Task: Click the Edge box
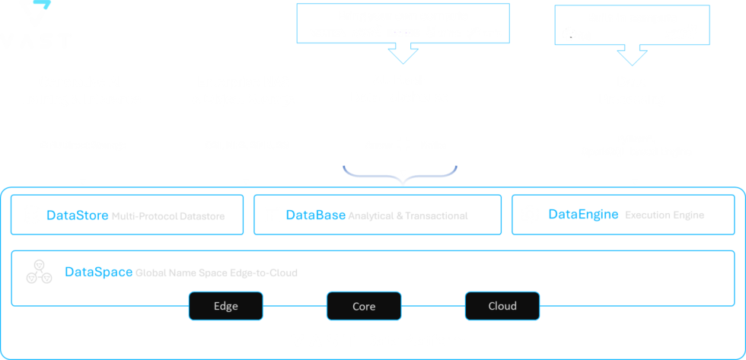[225, 307]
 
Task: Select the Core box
[364, 307]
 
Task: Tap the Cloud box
[502, 307]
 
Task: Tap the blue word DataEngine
[582, 215]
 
